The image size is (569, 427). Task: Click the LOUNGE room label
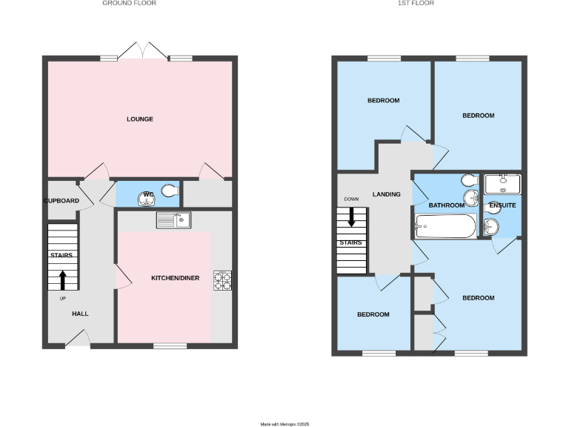pos(139,119)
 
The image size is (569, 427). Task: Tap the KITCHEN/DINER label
pos(175,278)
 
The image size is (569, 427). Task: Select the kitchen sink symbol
pos(173,219)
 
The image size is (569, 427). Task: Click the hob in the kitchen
pos(222,279)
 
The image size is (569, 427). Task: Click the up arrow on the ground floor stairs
pos(62,279)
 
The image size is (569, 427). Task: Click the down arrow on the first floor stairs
pos(351,217)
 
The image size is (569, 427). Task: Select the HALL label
pos(80,314)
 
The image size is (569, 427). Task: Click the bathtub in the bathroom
pos(445,226)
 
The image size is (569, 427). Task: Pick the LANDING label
pos(387,194)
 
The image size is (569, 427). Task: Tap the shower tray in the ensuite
pos(502,183)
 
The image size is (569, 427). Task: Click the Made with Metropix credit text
pos(284,424)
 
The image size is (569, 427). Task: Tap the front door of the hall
pos(78,340)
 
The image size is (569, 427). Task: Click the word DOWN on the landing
pos(351,199)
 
